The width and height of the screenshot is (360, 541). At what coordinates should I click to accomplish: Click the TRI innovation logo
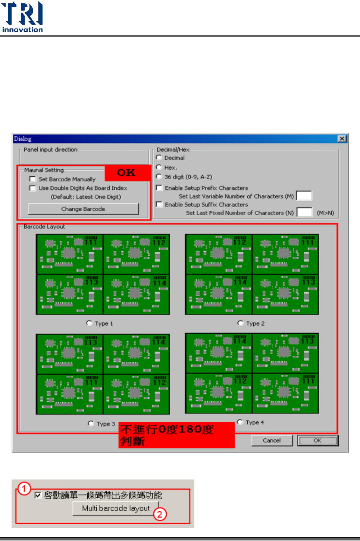22,17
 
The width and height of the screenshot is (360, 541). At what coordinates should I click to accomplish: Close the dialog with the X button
342,139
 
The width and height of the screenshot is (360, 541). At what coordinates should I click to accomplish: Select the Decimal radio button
159,158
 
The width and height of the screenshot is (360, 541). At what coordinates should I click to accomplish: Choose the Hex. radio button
159,167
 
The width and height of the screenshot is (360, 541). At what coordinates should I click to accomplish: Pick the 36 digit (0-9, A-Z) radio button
159,177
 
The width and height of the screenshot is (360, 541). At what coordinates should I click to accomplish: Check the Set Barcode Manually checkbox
33,179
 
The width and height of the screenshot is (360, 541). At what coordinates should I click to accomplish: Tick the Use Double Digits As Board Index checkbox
33,188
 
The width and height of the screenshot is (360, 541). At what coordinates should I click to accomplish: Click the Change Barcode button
83,209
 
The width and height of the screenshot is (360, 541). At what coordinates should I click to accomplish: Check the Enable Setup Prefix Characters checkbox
159,188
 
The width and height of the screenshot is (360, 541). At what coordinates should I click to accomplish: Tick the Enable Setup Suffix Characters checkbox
159,204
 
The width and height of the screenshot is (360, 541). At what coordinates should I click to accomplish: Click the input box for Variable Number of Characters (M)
304,196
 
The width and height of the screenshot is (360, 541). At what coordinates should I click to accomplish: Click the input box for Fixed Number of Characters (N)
304,213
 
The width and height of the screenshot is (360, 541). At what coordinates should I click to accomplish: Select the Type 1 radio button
89,323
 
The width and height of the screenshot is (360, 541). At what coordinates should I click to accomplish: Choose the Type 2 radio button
240,323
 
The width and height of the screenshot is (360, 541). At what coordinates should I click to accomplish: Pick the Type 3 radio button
91,424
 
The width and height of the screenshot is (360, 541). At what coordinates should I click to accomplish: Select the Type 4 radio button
240,422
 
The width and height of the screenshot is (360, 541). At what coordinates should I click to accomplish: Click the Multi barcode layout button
116,509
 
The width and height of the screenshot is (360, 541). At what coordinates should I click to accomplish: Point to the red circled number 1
24,488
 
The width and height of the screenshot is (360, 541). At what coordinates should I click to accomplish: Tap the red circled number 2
160,514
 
